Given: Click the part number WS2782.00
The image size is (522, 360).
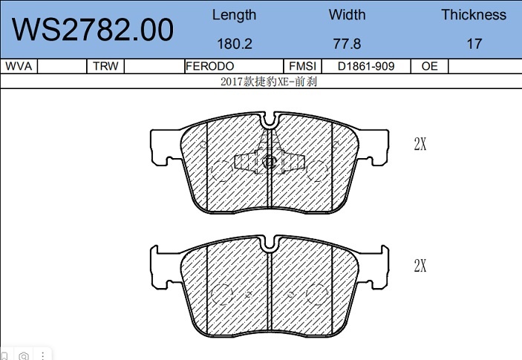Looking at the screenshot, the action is pos(93,30).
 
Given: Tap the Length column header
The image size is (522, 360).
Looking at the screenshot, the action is pos(235,16).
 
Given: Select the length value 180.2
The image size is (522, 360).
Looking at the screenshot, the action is pos(235,44).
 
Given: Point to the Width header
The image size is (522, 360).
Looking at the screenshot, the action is pos(347,15).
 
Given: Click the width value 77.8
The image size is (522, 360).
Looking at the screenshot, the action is pos(347,44).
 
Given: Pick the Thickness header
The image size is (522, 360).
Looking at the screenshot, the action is pos(474,15).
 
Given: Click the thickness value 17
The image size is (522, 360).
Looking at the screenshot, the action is pos(474,44).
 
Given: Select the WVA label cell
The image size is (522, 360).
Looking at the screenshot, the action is pos(19,66).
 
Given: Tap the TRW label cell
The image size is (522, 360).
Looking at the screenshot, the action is pos(105,66).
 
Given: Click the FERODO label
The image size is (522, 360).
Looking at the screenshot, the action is pos(209,66).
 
